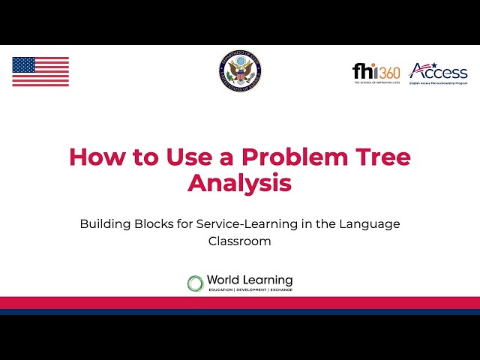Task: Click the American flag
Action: pos(40,71)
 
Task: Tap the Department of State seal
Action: pos(240,71)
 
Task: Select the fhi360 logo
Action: pos(376,72)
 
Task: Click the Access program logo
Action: pos(438,73)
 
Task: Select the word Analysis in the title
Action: pos(239,182)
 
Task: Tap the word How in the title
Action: pos(95,157)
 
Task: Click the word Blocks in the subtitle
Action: pos(154,224)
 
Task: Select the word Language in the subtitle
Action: pos(370,224)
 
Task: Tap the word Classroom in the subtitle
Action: pos(239,241)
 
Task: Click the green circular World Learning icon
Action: pos(195,283)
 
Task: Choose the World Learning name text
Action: pos(250,280)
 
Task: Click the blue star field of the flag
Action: pos(24,64)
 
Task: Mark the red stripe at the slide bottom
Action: pos(240,301)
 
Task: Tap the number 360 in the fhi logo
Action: pos(388,72)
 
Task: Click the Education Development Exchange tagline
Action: pos(250,289)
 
